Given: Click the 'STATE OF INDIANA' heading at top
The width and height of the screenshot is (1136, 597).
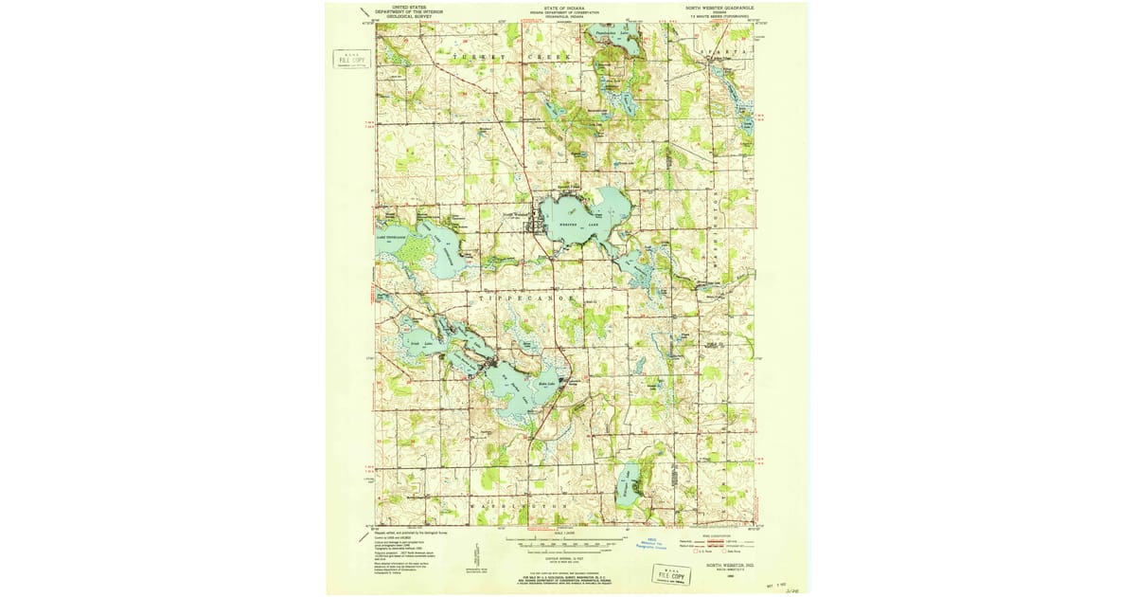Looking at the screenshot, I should coord(564,7).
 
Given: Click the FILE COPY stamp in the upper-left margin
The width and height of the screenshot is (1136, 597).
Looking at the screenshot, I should coord(351,59).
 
